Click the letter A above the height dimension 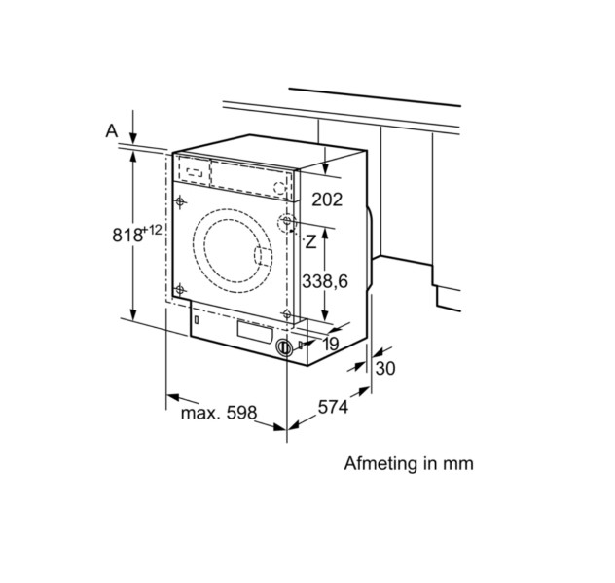112,129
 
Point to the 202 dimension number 327,200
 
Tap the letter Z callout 310,240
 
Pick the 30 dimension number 385,369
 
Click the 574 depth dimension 333,409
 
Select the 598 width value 239,413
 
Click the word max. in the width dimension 199,413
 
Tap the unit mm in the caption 457,463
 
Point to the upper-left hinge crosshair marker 181,201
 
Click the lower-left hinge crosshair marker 179,288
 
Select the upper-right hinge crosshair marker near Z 288,222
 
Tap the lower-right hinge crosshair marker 286,313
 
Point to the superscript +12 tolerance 152,230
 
